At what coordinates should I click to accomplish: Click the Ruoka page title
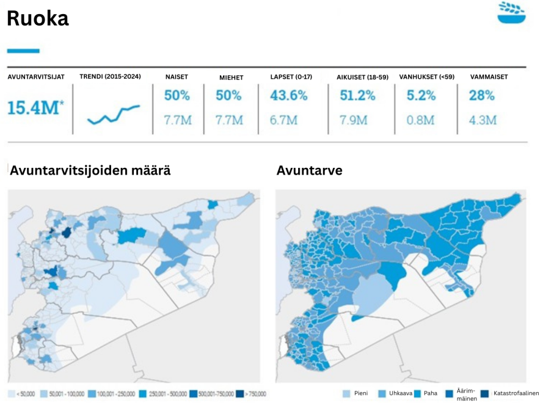37,18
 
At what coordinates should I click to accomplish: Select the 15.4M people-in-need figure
35,108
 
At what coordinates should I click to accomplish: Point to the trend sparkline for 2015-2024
113,114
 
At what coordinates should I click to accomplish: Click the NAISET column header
177,78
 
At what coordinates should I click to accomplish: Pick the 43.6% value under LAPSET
289,96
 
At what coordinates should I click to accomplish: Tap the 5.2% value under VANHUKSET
421,96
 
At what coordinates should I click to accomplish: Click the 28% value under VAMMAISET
481,96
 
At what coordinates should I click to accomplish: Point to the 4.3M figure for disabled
483,120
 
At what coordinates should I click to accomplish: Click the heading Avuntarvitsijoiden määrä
90,171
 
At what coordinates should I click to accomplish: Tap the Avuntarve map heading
309,171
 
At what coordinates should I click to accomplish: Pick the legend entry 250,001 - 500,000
162,394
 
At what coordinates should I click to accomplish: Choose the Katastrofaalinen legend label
516,393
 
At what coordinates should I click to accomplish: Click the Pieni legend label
360,393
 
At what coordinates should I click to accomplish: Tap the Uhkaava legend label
400,393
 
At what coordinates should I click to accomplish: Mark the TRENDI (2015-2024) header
110,77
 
